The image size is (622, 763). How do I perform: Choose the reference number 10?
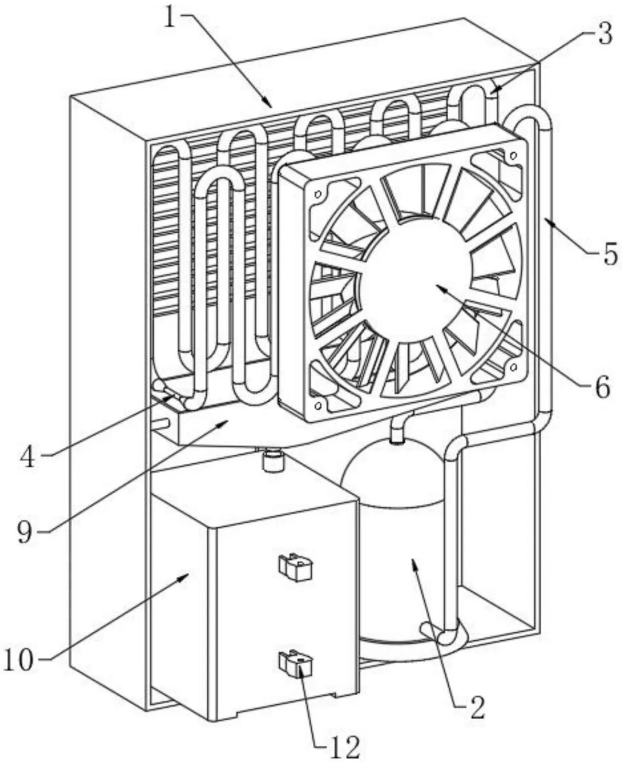coord(20,659)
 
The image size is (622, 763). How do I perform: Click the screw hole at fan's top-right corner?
coord(513,156)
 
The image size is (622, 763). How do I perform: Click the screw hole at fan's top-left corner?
coord(318,194)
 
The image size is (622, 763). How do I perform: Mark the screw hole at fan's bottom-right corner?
coord(513,368)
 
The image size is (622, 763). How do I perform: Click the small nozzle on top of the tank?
coord(272,459)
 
